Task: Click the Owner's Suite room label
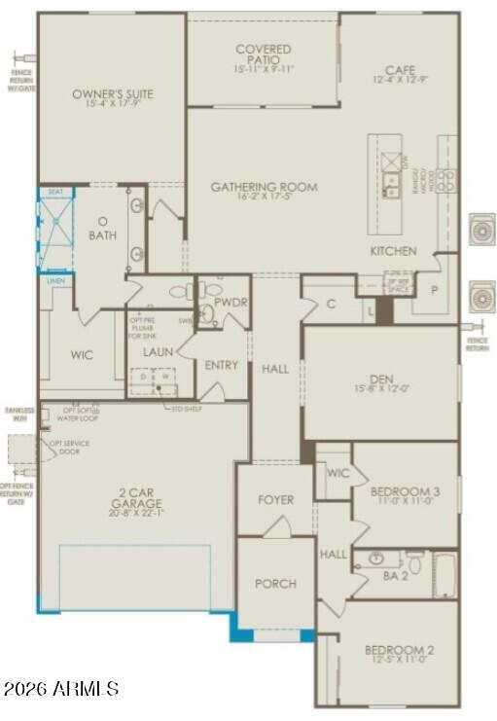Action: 113,94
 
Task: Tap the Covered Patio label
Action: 263,54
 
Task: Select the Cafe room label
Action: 400,70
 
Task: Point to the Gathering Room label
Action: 265,188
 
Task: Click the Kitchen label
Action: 393,251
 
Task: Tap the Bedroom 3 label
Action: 405,492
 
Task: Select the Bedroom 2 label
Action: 399,650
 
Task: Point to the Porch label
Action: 275,584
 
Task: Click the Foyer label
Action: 275,500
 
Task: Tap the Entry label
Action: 222,366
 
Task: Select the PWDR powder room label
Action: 231,304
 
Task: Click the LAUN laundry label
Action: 158,351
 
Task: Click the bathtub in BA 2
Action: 444,575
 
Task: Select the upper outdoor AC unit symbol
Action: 482,229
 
